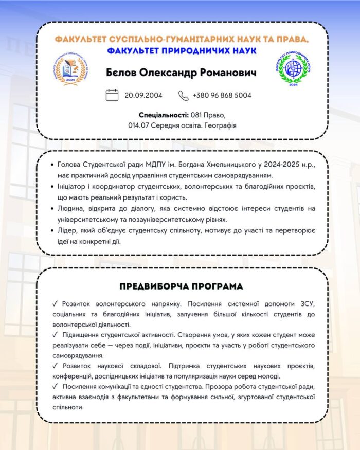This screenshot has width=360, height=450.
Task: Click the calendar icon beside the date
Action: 112,95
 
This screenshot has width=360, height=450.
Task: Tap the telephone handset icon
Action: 184,95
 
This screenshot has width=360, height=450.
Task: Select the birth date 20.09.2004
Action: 143,95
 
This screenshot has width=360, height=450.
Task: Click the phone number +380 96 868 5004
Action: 222,95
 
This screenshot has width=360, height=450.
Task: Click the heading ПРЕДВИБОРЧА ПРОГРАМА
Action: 181,286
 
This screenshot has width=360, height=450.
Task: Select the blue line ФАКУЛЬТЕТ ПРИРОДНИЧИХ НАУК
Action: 182,50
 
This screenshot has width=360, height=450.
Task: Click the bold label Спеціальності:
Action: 164,114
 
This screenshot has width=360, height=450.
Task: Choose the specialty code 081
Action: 197,114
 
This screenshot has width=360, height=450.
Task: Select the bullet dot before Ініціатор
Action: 55,187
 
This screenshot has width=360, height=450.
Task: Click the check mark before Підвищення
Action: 55,335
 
